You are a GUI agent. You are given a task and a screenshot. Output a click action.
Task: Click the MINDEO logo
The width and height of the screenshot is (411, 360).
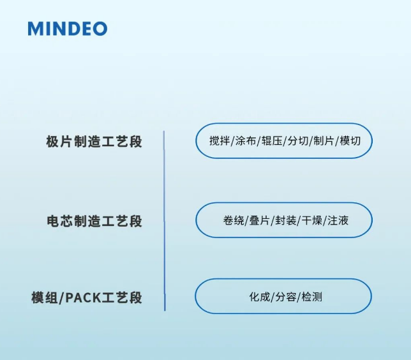click(x=67, y=29)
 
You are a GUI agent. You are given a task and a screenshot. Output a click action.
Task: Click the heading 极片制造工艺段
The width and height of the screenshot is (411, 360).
click(x=94, y=142)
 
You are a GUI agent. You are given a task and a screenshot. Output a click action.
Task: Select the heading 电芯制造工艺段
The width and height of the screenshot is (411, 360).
click(x=94, y=221)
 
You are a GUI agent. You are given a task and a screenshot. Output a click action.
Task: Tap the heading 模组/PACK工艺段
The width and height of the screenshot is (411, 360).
click(x=87, y=297)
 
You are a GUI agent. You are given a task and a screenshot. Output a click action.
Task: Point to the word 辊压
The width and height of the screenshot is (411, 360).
click(x=272, y=141)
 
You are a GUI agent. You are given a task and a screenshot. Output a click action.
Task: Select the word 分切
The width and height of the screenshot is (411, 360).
click(x=297, y=141)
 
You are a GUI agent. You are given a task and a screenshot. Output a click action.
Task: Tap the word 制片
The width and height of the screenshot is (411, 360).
click(x=324, y=141)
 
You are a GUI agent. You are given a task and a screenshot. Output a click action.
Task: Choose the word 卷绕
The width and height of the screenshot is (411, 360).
click(x=234, y=220)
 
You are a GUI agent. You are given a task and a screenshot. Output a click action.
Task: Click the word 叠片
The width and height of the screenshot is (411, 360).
click(x=259, y=220)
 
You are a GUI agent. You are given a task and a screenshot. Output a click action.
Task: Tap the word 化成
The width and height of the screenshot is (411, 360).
click(x=258, y=297)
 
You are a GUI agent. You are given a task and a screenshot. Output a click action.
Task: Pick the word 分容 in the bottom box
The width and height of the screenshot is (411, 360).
click(x=285, y=297)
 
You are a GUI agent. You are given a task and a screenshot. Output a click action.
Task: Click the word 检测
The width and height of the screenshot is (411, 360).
click(x=311, y=297)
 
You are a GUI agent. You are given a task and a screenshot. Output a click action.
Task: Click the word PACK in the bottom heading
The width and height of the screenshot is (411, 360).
click(x=88, y=298)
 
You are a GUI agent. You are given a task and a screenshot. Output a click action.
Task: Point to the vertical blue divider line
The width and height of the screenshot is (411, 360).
click(x=164, y=220)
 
